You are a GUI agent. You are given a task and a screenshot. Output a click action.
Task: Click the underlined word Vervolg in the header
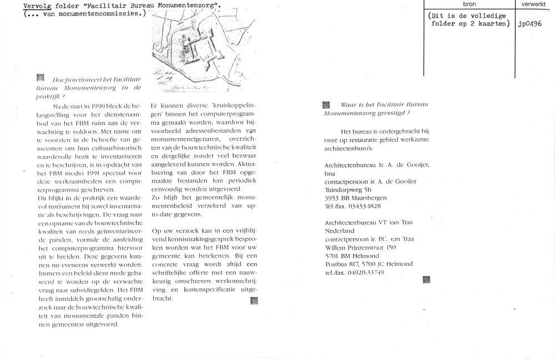[38, 6]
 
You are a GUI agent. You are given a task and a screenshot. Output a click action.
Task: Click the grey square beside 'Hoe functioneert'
[39, 78]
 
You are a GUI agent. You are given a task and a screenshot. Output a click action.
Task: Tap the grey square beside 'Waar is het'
[326, 105]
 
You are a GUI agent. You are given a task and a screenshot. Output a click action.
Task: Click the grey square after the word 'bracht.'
[254, 301]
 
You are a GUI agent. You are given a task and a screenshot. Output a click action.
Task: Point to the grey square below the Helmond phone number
[426, 280]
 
